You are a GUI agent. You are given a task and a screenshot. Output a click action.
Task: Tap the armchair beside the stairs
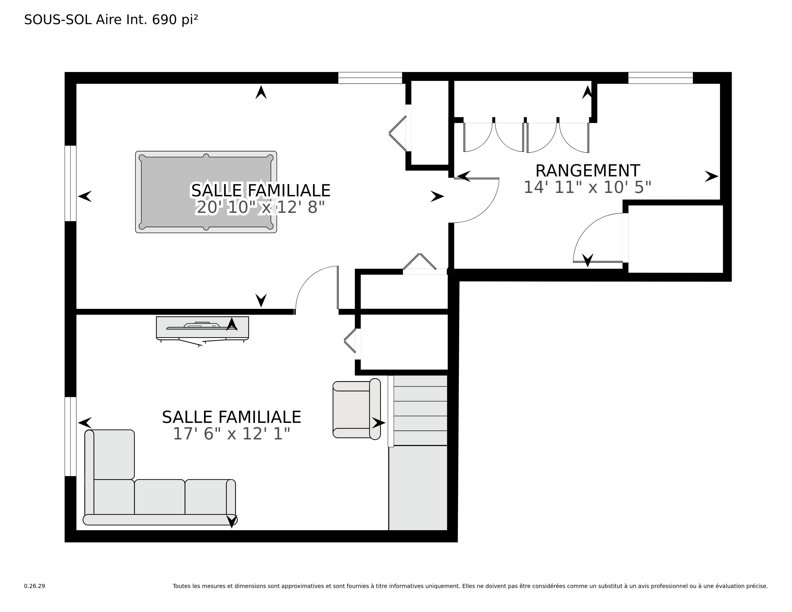click(356, 409)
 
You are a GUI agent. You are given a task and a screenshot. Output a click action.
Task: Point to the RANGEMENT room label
click(588, 170)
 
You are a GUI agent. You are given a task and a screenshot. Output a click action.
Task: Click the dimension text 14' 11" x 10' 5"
click(588, 187)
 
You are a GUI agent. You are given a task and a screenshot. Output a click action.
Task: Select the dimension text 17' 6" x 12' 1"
click(231, 434)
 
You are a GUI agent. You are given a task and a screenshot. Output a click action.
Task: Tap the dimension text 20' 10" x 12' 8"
click(260, 207)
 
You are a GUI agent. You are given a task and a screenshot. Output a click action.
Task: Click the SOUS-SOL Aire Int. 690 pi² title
click(111, 20)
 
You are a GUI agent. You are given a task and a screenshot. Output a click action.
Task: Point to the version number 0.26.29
click(35, 586)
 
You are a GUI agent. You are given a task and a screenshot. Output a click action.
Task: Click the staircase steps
click(420, 410)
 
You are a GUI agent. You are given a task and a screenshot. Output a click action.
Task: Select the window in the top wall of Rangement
click(660, 78)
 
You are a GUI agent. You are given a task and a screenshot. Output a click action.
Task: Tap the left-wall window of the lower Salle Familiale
click(70, 437)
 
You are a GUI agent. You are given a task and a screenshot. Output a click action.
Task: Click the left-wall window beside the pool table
click(70, 183)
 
